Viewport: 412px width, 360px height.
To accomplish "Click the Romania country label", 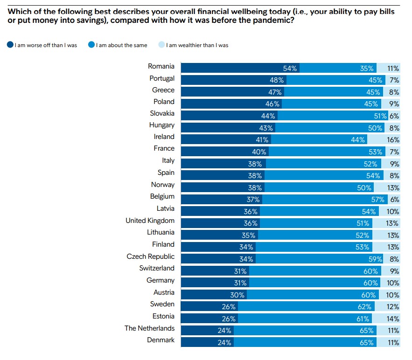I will pos(161,67).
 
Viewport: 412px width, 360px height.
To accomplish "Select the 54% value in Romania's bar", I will pos(290,68).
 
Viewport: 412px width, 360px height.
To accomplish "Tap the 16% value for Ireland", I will pos(393,139).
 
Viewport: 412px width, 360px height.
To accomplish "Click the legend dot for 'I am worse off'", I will pos(10,45).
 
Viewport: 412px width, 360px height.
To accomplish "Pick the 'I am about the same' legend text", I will pos(121,45).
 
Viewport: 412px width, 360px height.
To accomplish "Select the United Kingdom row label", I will pos(150,221).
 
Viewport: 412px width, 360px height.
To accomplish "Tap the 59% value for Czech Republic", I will pos(375,259).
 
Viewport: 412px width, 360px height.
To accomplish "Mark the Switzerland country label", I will pos(157,268).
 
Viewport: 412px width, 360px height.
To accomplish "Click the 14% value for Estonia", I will pos(393,318).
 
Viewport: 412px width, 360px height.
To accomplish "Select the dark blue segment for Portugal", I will pos(233,80).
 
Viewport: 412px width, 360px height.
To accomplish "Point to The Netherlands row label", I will pos(149,328).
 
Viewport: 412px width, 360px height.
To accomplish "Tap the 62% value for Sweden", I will pos(364,306).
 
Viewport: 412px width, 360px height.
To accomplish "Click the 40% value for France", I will pos(258,152).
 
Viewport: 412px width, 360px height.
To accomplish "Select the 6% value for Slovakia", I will pos(394,116).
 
